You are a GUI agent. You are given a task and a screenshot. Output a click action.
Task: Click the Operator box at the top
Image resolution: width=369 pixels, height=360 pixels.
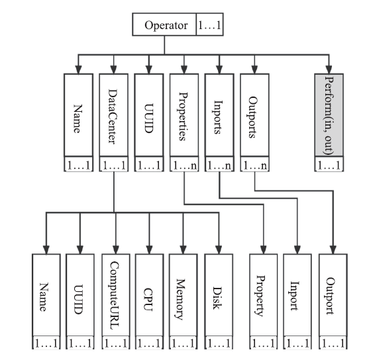point(164,24)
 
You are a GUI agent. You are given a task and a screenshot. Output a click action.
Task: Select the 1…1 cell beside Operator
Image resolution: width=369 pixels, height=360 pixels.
point(210,24)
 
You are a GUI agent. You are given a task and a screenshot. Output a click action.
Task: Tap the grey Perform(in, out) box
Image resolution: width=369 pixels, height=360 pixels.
point(329,115)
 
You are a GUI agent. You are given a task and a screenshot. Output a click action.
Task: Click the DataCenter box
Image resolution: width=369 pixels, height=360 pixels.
point(114,115)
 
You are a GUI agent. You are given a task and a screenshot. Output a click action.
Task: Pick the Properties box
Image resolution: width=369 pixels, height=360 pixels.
point(184,115)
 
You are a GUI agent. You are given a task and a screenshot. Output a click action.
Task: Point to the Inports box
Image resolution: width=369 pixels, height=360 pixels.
point(219,115)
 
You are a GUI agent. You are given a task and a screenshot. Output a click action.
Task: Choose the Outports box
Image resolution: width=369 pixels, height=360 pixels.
point(254,115)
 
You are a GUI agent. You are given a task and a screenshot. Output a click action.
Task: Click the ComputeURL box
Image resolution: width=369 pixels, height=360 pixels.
point(116,295)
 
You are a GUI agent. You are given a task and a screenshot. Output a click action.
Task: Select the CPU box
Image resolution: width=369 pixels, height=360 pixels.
point(150,295)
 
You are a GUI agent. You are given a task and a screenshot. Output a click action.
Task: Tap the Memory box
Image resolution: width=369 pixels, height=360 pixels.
point(183,295)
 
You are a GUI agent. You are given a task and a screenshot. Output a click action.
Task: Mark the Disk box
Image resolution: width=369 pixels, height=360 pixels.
point(219,295)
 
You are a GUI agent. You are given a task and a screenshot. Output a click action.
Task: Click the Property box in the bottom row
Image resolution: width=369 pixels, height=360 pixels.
point(264,295)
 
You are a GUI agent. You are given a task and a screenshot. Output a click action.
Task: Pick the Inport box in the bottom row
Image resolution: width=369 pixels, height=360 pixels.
point(297,295)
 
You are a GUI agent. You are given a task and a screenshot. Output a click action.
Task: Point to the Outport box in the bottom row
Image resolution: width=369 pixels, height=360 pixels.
point(333,295)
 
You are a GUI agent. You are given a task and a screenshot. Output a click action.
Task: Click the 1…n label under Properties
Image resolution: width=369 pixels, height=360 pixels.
point(184,165)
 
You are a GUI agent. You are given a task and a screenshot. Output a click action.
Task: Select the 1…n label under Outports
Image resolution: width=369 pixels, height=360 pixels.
point(254,165)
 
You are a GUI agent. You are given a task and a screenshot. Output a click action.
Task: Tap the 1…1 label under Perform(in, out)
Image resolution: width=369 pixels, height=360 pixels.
point(329,165)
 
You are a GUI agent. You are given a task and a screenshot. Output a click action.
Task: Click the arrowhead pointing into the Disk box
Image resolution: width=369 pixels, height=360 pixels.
point(219,249)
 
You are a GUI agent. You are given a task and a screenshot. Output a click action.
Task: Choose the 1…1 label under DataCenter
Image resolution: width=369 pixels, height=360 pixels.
point(114,165)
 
